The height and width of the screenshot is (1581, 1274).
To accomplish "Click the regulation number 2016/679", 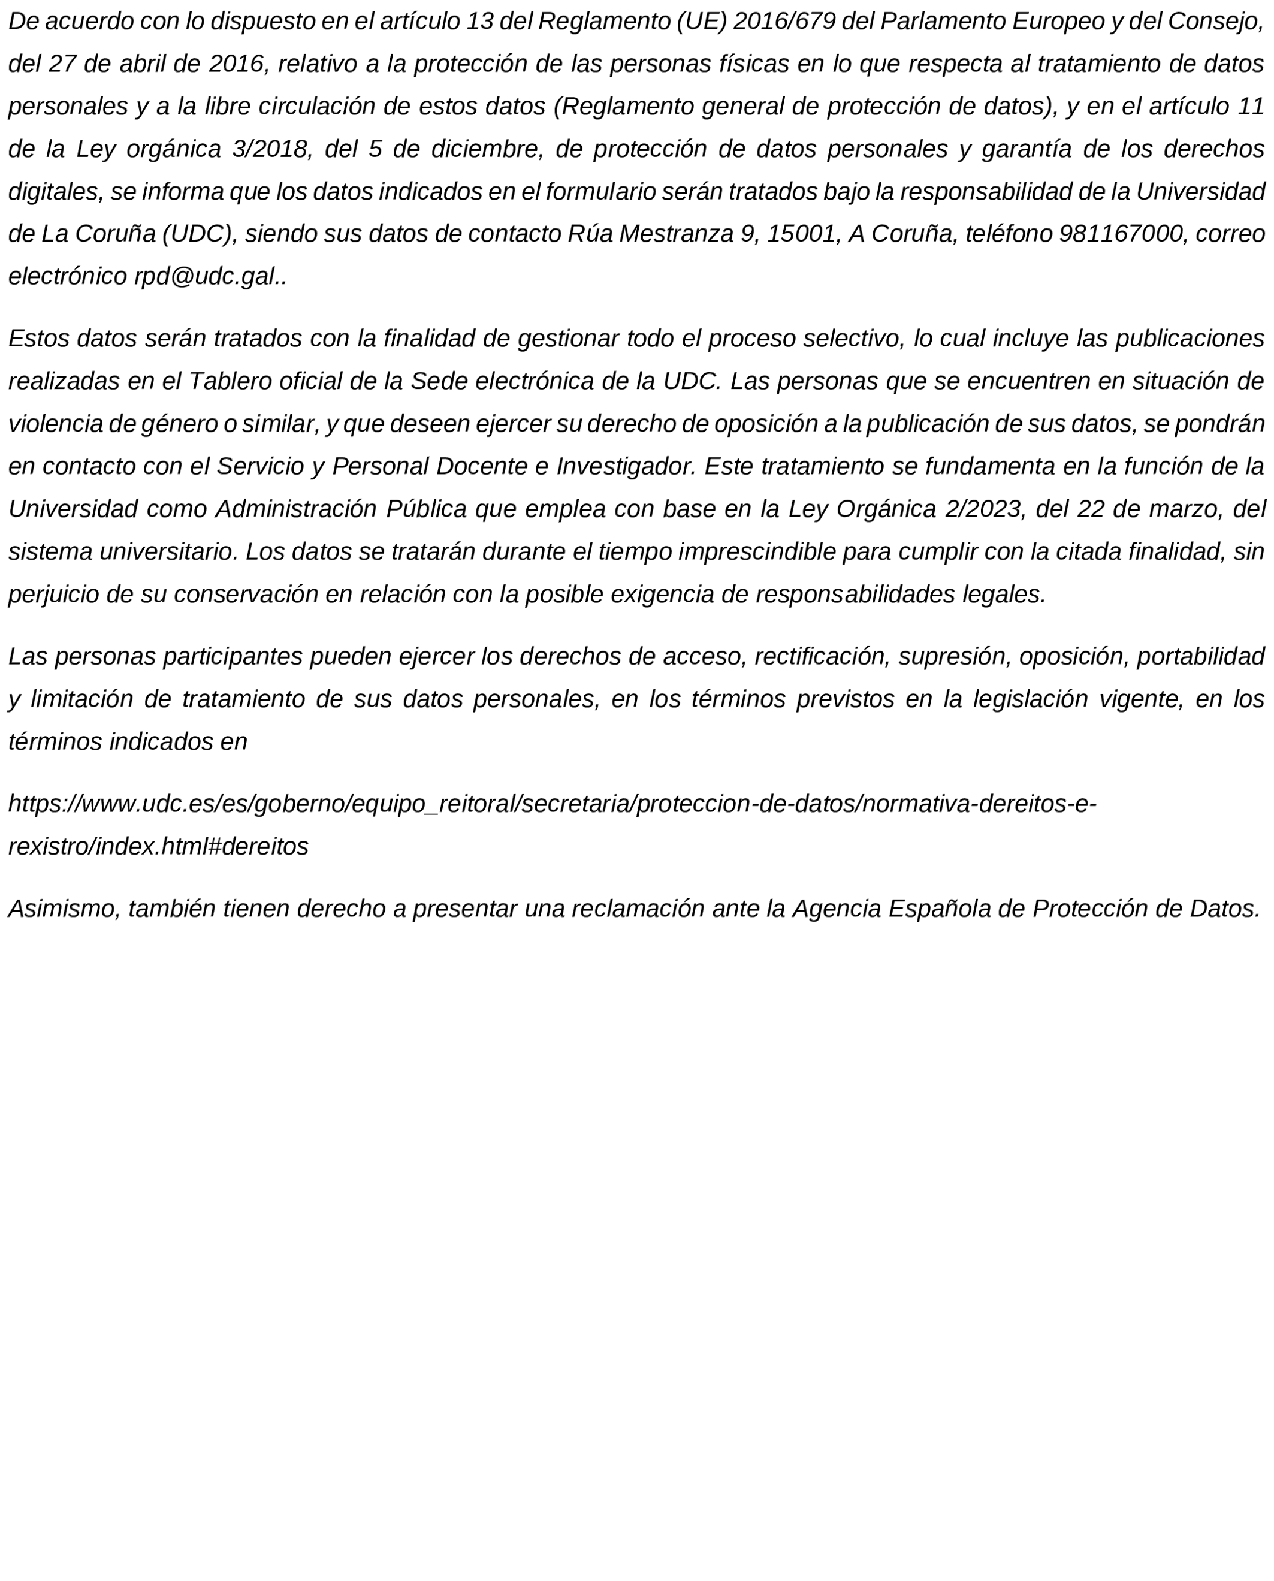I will coord(784,22).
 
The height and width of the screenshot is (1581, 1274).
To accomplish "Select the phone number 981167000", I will coord(1121,234).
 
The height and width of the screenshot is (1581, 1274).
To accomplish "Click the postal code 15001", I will coord(803,234).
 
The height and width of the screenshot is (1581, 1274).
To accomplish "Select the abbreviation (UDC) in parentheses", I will coord(198,234).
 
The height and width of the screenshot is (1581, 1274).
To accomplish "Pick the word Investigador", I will coord(625,467).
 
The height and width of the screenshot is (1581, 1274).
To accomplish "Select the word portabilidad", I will coord(1200,657).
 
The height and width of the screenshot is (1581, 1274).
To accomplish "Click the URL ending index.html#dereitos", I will coord(158,847).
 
